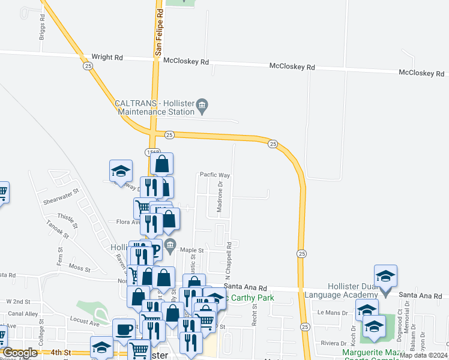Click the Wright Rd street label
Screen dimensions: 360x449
point(107,58)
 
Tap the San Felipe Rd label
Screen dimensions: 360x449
point(159,32)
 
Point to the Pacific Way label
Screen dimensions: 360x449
point(215,175)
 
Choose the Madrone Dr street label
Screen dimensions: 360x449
point(220,198)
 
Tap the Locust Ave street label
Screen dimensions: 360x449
point(83,322)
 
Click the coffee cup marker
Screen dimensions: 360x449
point(124,330)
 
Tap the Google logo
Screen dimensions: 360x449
point(20,353)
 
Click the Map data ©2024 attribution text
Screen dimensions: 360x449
point(424,355)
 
